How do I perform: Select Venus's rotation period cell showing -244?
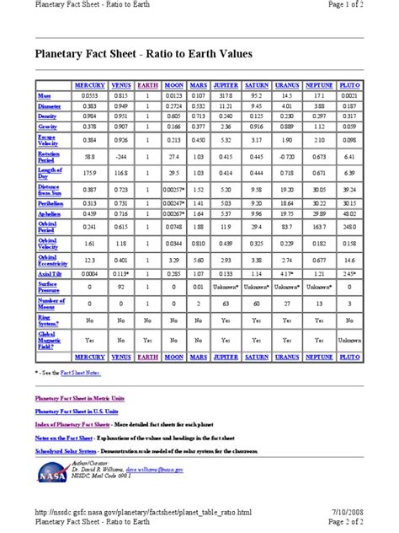pyautogui.click(x=121, y=158)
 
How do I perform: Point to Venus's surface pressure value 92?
pyautogui.click(x=121, y=287)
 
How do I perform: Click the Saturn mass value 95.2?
pyautogui.click(x=256, y=97)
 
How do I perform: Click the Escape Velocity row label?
pyautogui.click(x=48, y=140)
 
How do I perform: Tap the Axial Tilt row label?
pyautogui.click(x=46, y=273)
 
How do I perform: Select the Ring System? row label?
pyautogui.click(x=48, y=320)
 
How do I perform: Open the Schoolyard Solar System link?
pyautogui.click(x=71, y=450)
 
